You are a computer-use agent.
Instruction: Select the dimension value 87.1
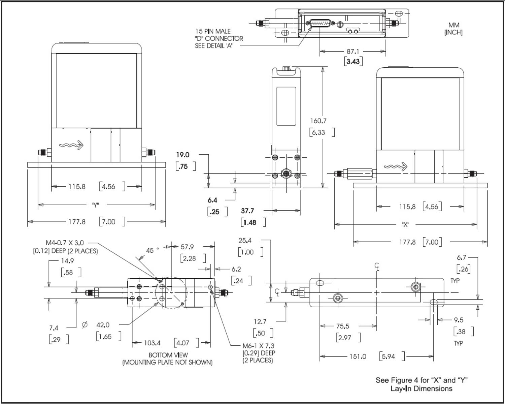pyautogui.click(x=353, y=52)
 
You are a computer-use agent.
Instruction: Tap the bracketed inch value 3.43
pyautogui.click(x=353, y=61)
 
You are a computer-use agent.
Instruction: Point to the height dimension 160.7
pyautogui.click(x=318, y=121)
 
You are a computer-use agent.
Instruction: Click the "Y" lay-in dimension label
pyautogui.click(x=95, y=205)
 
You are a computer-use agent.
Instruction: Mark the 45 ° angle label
pyautogui.click(x=152, y=251)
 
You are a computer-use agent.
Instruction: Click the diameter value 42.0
pyautogui.click(x=103, y=325)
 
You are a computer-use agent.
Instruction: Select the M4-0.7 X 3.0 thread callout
pyautogui.click(x=65, y=243)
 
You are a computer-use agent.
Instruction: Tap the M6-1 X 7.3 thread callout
pyautogui.click(x=258, y=346)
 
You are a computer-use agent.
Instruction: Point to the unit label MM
pyautogui.click(x=453, y=25)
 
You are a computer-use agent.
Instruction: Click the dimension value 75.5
pyautogui.click(x=342, y=326)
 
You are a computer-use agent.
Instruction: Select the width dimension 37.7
pyautogui.click(x=247, y=211)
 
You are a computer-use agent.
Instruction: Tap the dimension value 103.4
pyautogui.click(x=152, y=343)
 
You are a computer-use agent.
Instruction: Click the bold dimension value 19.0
pyautogui.click(x=183, y=155)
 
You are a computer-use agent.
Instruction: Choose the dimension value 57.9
pyautogui.click(x=187, y=247)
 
